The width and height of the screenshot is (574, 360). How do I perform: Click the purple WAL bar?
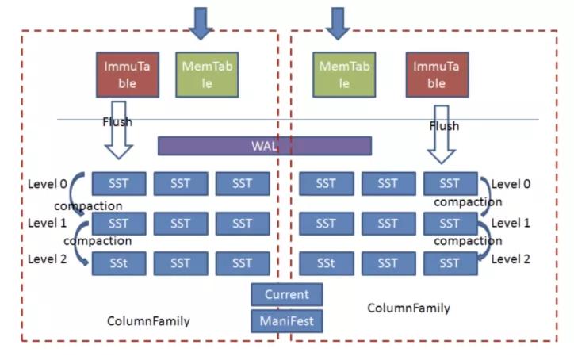click(264, 146)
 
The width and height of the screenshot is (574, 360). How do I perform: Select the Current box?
click(287, 294)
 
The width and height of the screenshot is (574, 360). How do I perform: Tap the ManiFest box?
click(287, 320)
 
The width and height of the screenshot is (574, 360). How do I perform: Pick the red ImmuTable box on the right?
click(436, 75)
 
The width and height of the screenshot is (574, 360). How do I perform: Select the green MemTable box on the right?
click(344, 75)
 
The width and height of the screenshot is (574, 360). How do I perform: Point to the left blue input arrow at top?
click(202, 21)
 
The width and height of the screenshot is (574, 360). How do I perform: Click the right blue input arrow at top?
click(339, 21)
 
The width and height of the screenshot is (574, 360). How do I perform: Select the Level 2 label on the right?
click(511, 259)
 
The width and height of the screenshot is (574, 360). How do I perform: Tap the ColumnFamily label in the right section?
click(409, 308)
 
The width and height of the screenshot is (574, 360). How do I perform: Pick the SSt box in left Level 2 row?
click(119, 262)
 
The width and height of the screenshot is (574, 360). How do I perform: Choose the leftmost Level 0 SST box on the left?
click(119, 184)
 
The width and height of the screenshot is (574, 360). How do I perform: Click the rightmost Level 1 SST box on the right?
click(450, 224)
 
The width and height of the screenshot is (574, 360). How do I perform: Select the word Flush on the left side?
click(117, 122)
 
